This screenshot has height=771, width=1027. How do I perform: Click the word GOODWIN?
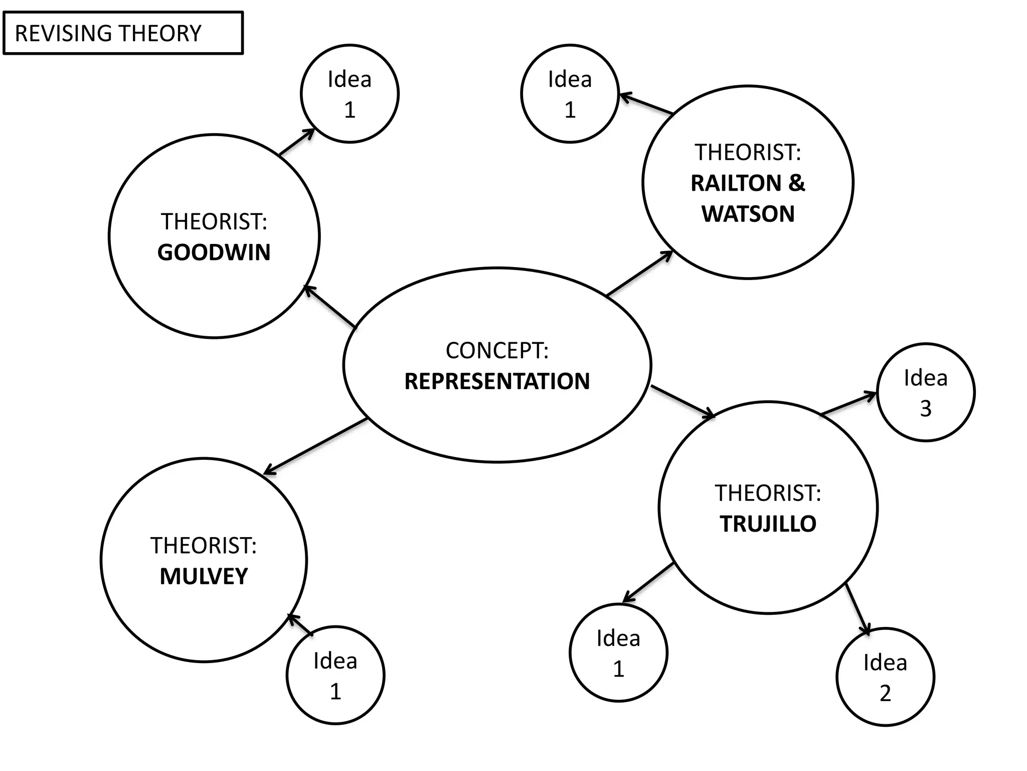[214, 252]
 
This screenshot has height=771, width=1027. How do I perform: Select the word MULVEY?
[204, 576]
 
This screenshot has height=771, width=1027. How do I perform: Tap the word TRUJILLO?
[768, 524]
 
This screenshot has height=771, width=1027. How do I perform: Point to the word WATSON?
[748, 214]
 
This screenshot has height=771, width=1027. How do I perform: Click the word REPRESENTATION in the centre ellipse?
[497, 381]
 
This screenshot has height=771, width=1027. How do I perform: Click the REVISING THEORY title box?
[123, 33]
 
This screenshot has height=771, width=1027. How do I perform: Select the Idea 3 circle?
[926, 393]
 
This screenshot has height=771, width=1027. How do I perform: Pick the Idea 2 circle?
[885, 677]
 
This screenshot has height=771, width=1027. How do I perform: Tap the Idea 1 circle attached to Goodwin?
[350, 94]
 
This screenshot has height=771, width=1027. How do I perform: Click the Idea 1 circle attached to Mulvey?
[335, 676]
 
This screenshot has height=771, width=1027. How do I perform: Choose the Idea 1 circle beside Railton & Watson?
[570, 94]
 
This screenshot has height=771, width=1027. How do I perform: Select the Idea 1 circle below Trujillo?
[618, 653]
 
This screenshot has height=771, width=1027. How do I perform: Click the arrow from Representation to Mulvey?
[316, 446]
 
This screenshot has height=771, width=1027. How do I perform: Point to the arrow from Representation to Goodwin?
[330, 306]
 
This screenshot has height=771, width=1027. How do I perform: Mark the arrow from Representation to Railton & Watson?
[639, 273]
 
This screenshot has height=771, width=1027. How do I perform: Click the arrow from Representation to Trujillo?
[682, 401]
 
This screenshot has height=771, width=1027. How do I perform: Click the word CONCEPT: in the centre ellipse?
[497, 351]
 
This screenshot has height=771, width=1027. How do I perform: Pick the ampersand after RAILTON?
[796, 183]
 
